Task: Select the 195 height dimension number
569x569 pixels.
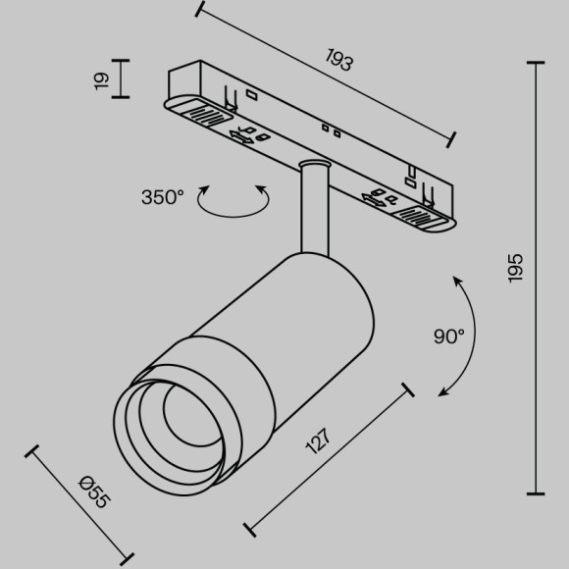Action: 517,268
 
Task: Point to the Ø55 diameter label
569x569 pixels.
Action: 94,490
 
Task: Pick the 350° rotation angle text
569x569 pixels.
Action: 162,197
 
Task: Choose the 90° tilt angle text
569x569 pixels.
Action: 448,336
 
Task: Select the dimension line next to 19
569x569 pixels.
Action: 122,78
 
